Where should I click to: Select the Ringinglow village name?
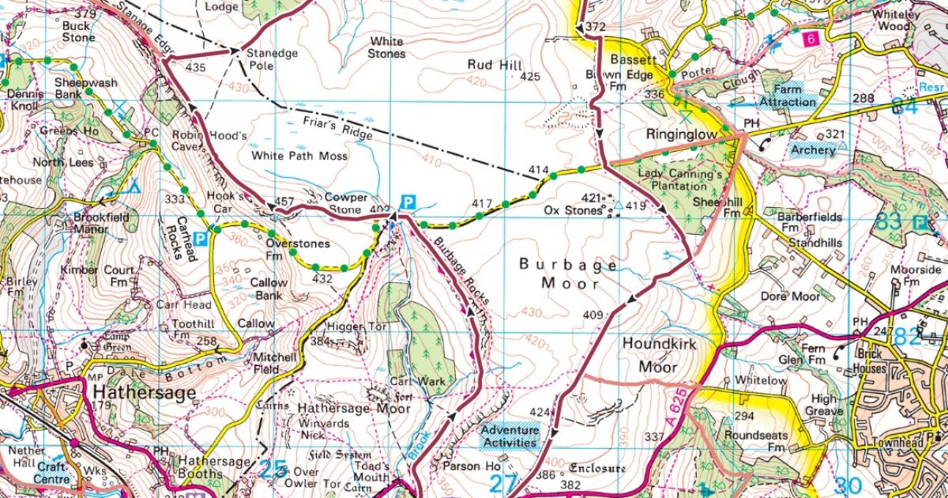pos(682,135)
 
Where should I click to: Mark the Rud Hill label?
pos(491,65)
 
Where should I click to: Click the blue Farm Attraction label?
pos(787,96)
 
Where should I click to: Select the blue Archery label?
pos(813,150)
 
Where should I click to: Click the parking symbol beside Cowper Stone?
pos(408,202)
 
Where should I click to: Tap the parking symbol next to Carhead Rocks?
pos(201,238)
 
